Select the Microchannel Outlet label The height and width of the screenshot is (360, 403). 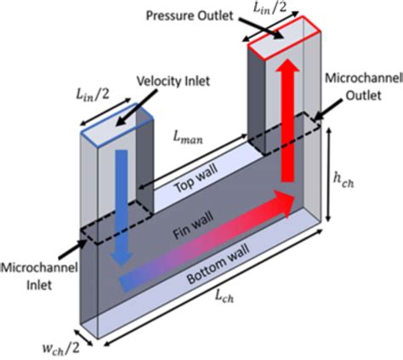360,85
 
